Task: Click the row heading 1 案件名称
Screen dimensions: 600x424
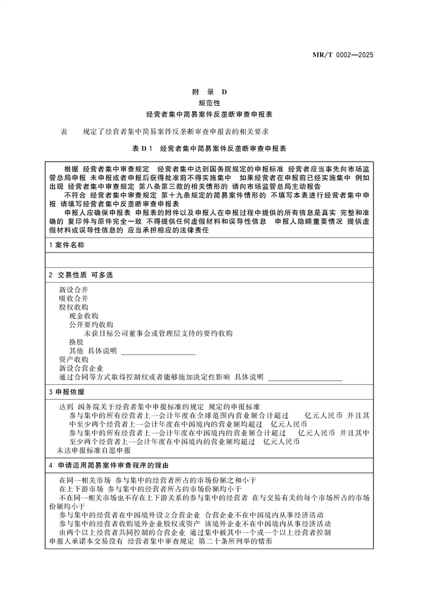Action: pos(67,245)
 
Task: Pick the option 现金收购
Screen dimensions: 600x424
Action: pos(84,316)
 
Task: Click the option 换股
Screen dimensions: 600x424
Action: pos(76,342)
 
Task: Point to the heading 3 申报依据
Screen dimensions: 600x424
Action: pos(67,392)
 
